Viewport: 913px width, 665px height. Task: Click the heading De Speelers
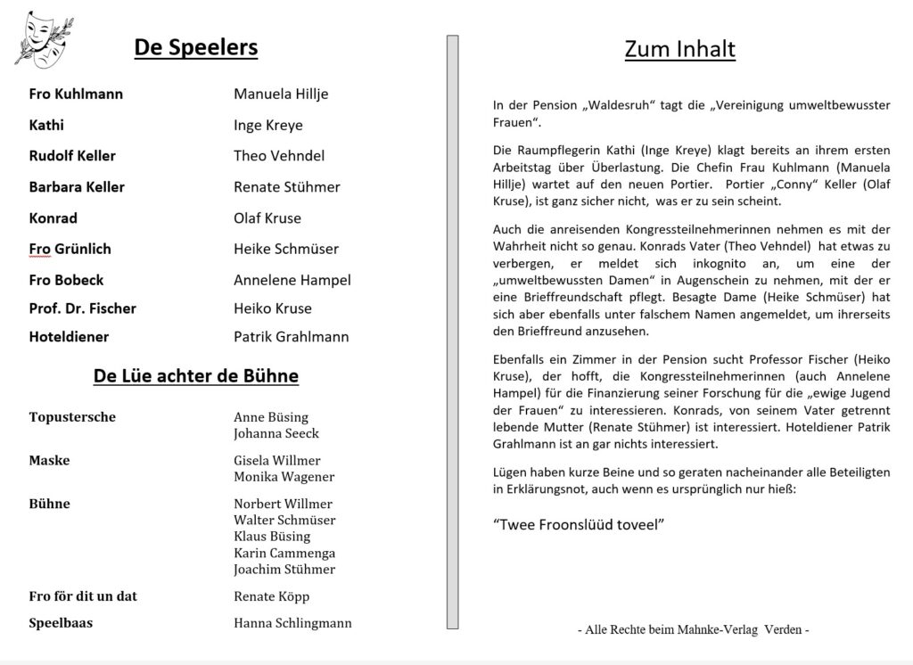[x=195, y=47]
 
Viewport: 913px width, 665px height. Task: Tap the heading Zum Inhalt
[x=679, y=48]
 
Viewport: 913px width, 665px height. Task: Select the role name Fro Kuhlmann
[x=76, y=94]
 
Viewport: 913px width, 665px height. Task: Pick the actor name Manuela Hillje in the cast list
[x=281, y=94]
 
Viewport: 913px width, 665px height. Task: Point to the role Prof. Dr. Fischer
[x=82, y=308]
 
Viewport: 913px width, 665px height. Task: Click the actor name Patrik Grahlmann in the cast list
[x=291, y=337]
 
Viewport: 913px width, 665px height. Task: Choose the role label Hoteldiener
[x=69, y=337]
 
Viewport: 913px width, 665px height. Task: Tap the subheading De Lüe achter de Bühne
[x=195, y=376]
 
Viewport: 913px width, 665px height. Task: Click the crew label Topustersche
[x=72, y=417]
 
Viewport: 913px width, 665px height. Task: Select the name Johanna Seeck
[x=276, y=433]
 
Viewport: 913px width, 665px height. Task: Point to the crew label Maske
[x=49, y=461]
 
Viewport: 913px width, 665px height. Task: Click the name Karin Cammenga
[x=284, y=553]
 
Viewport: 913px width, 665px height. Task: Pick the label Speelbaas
[x=62, y=623]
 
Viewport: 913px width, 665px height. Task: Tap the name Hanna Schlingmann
[x=292, y=623]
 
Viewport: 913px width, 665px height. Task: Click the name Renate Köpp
[x=271, y=596]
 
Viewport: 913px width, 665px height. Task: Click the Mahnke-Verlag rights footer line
[x=693, y=630]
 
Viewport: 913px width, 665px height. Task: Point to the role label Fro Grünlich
[x=70, y=249]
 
